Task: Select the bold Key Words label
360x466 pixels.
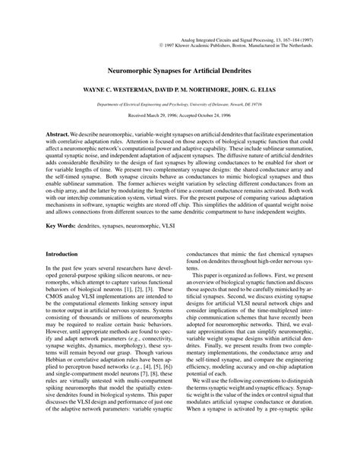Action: (x=64, y=227)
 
